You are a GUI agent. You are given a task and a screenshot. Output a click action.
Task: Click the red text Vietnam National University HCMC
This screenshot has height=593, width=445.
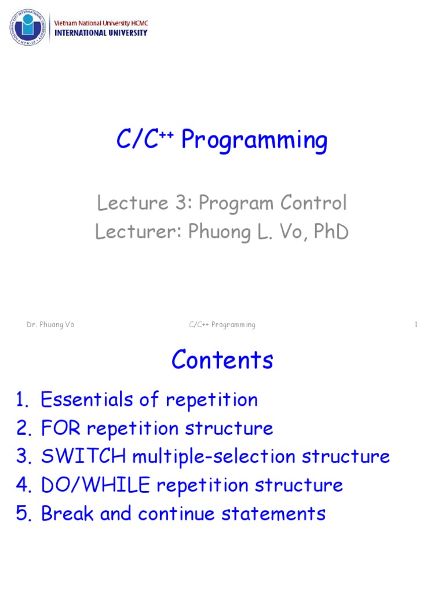[x=100, y=23]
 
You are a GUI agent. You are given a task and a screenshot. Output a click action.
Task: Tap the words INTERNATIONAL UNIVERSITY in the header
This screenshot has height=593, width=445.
[x=100, y=33]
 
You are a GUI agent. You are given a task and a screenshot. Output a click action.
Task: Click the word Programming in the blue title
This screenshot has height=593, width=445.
[x=254, y=141]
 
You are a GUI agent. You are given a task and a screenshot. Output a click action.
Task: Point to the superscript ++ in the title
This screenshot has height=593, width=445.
[x=168, y=135]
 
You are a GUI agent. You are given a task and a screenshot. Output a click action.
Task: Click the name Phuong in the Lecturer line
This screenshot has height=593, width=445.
[x=218, y=232]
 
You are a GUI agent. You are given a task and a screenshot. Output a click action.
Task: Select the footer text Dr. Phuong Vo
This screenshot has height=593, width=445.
[x=50, y=325]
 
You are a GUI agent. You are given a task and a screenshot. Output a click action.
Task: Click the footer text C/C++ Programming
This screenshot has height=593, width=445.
[x=222, y=325]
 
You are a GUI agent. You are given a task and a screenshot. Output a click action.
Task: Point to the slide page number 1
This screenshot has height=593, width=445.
[x=416, y=325]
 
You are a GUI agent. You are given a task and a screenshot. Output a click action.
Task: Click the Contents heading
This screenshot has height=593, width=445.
[x=222, y=361]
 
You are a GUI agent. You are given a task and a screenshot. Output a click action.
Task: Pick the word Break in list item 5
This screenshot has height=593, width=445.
[x=67, y=513]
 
